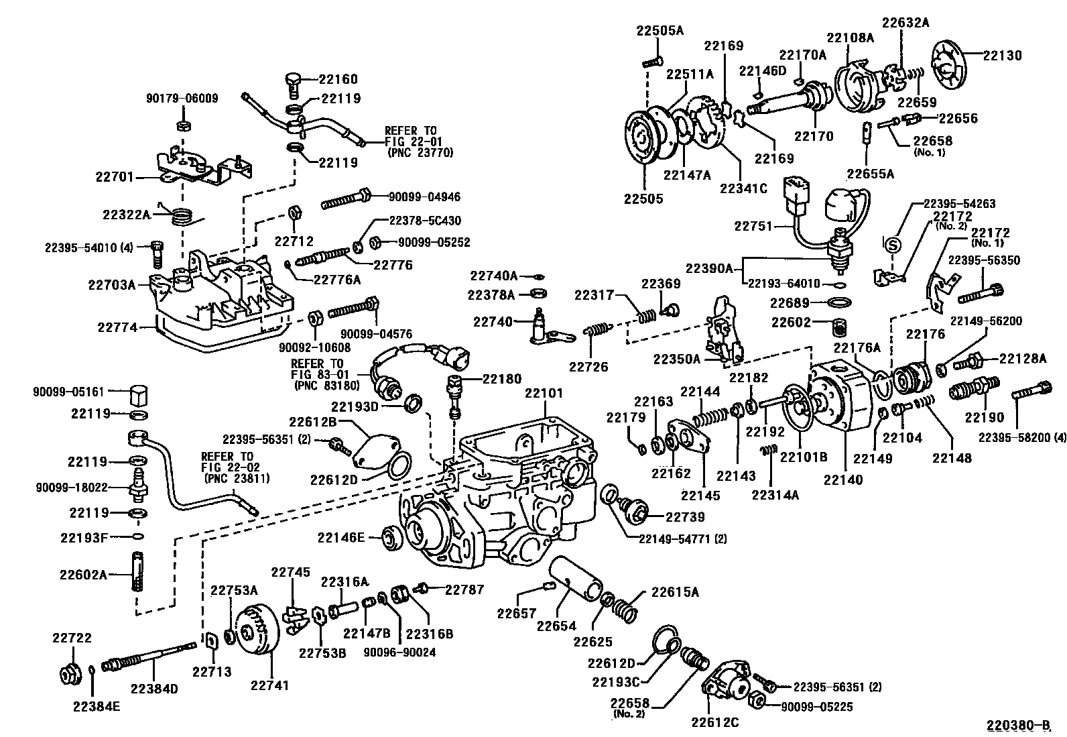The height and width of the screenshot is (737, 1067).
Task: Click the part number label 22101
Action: [544, 393]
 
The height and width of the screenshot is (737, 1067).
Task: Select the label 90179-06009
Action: [182, 99]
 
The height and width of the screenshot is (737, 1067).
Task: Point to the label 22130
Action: [1003, 56]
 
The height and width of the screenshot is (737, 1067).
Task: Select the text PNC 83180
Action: [326, 386]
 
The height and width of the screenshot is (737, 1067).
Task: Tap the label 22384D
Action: [155, 689]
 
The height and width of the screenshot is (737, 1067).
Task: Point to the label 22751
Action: [754, 226]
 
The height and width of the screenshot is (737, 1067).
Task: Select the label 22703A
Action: [111, 284]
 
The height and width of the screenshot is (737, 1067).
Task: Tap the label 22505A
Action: [660, 30]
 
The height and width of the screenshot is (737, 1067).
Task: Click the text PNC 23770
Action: [420, 152]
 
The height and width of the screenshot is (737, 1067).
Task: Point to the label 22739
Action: [685, 516]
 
